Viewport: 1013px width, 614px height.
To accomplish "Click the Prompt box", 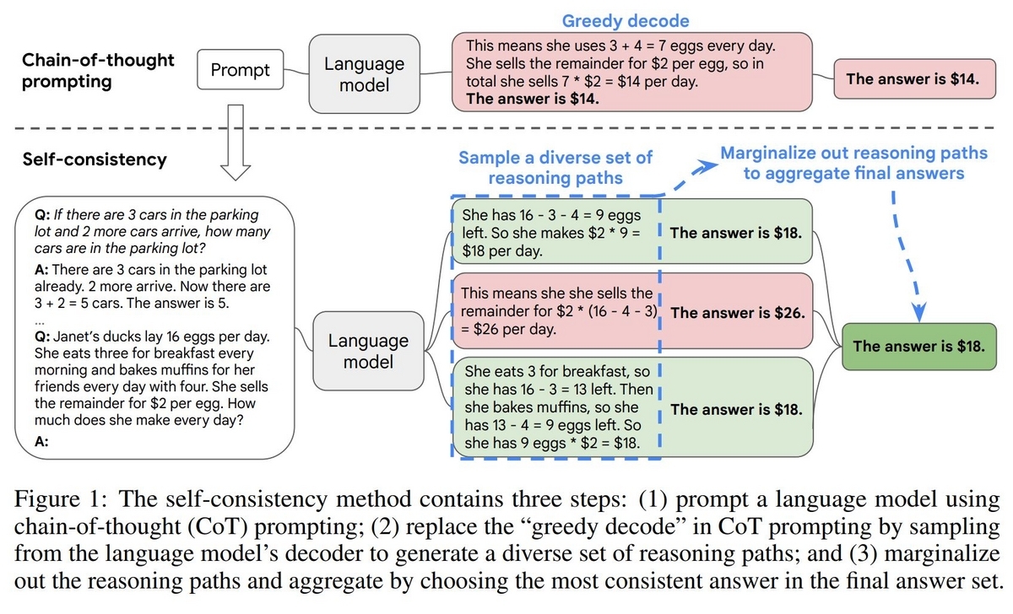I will pos(241,71).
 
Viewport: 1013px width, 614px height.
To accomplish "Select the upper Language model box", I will pos(363,74).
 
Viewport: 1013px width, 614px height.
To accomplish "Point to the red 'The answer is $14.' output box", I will pos(913,79).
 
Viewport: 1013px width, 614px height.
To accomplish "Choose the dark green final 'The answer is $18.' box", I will pos(918,346).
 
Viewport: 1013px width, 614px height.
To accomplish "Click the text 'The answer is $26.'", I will pos(735,313).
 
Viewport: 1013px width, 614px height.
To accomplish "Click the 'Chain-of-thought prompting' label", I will pos(97,72).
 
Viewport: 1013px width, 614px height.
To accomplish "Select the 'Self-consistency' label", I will pos(95,159).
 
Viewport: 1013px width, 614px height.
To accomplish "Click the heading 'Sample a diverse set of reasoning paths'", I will pos(555,167).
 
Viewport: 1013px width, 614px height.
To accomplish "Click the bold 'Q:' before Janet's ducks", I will pos(42,337).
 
